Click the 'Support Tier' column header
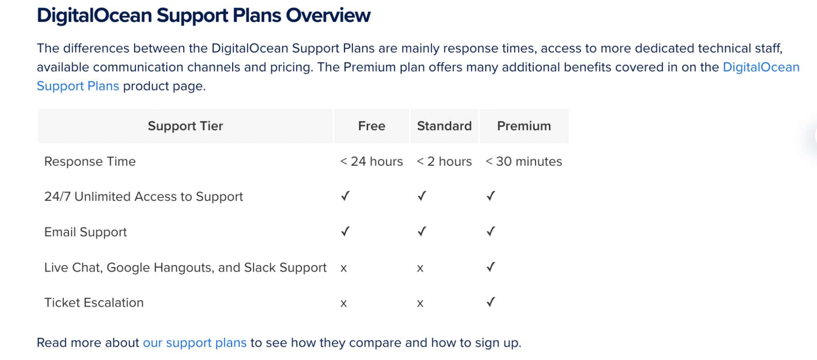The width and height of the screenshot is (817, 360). click(x=185, y=126)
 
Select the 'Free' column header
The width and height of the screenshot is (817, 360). click(x=372, y=126)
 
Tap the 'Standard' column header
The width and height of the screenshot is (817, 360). click(x=444, y=126)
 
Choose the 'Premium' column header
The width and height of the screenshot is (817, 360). click(x=524, y=126)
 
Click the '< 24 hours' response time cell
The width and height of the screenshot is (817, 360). click(x=372, y=161)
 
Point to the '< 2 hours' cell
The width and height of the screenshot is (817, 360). click(x=444, y=161)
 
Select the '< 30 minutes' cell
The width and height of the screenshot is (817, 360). click(x=524, y=161)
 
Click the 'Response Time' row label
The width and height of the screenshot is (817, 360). click(x=90, y=161)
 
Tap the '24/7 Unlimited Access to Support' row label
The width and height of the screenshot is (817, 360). click(x=143, y=197)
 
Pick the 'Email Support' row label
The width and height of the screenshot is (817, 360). click(x=85, y=232)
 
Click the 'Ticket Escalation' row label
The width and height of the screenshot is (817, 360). click(x=94, y=303)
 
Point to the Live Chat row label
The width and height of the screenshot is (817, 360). click(x=186, y=268)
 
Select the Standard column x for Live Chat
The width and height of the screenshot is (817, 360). click(x=420, y=268)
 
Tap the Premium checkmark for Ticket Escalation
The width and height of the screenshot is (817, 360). click(x=491, y=302)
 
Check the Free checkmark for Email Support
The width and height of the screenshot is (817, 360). click(x=345, y=231)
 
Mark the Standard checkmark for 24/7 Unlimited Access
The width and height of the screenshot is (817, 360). click(x=422, y=196)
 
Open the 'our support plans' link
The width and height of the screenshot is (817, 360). click(x=195, y=343)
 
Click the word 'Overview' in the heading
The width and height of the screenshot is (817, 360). click(x=328, y=16)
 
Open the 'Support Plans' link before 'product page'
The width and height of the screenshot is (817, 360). click(x=78, y=86)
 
